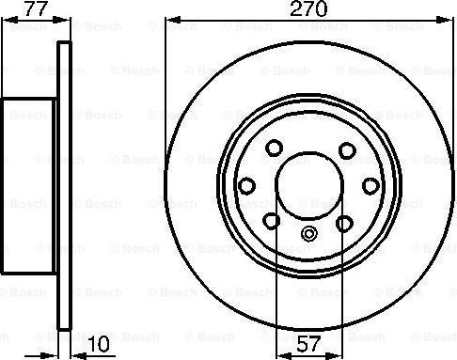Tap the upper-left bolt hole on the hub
pos(274,149)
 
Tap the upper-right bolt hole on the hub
pos(345,149)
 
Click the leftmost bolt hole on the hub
pos(246,185)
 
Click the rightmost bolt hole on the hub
pos(372,185)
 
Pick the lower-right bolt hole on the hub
pos(345,221)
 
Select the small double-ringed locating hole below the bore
pos(309,236)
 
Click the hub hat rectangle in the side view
pos(29,187)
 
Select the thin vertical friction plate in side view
pos(64,187)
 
